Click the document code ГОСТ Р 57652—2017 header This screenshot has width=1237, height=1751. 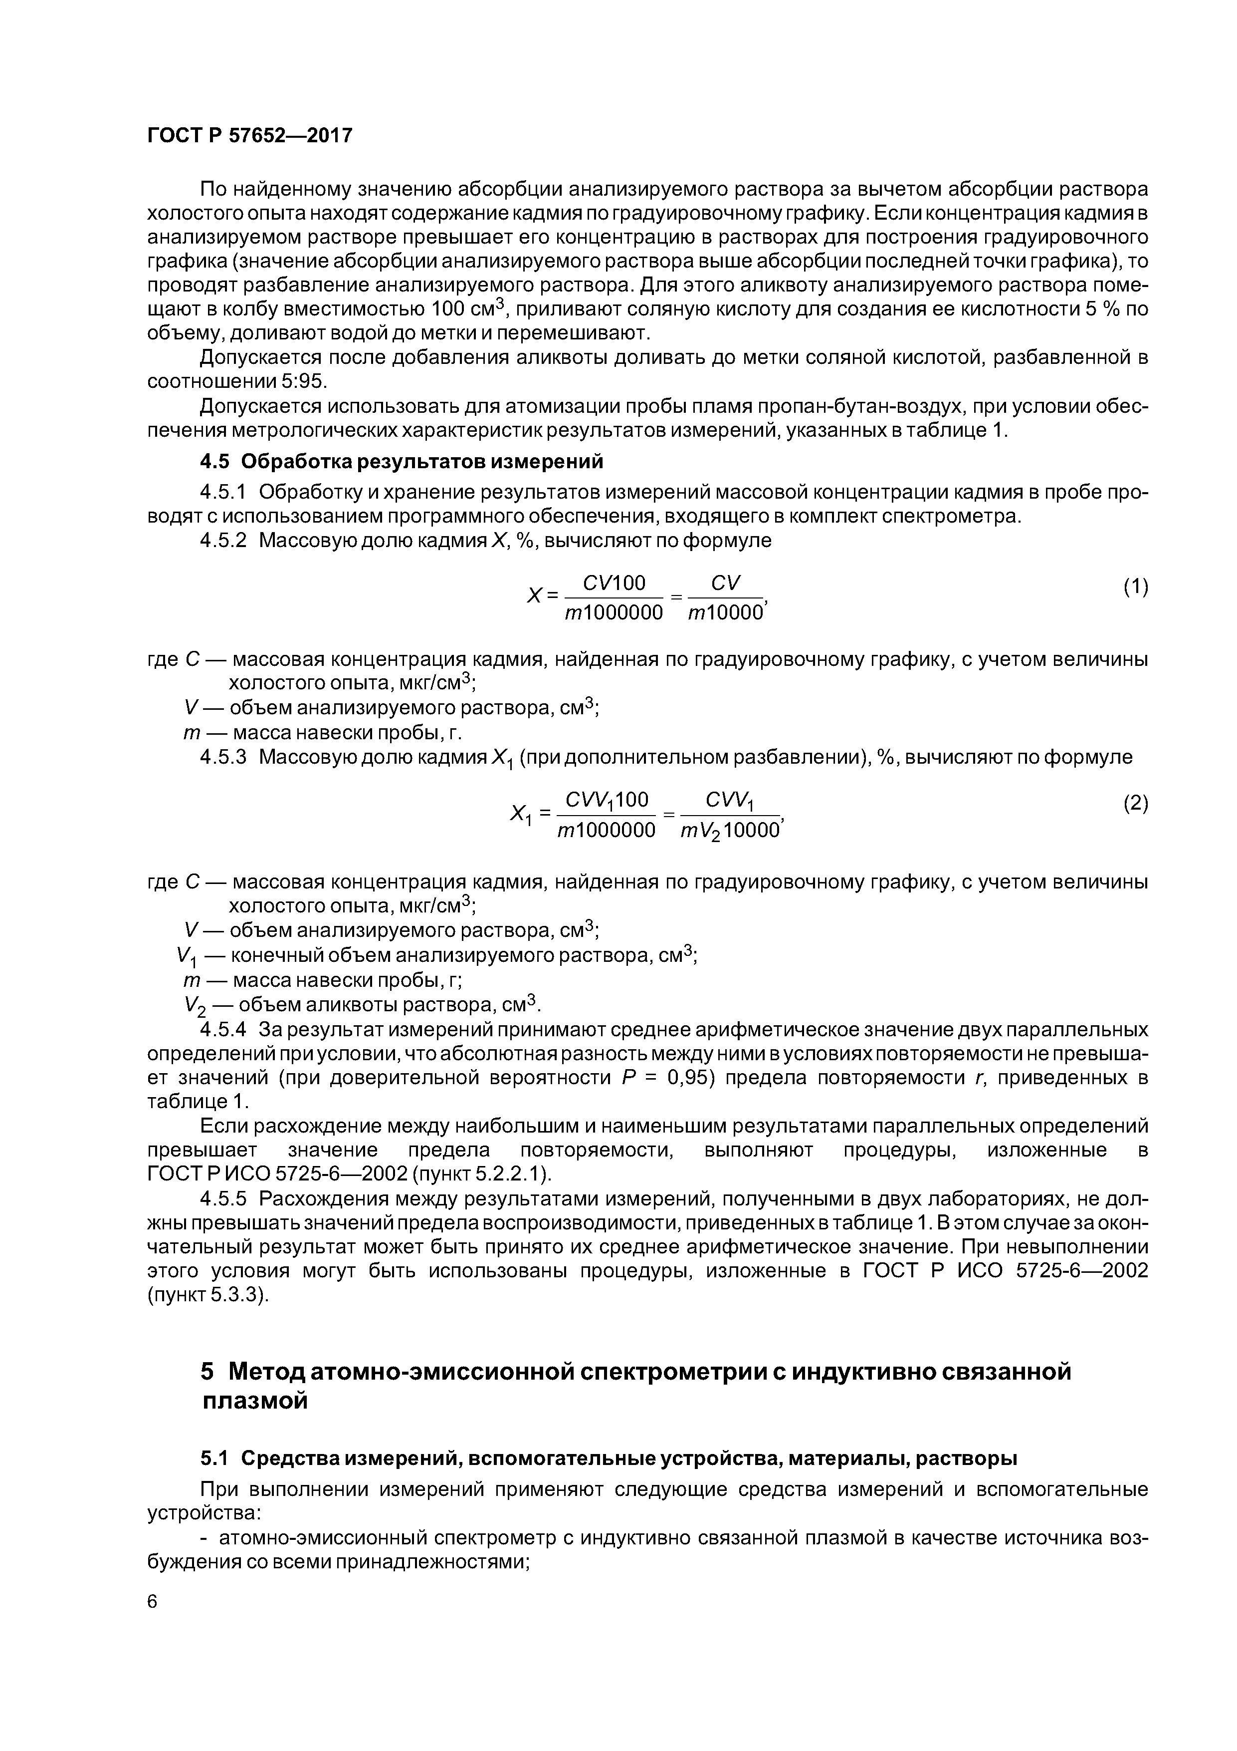click(250, 136)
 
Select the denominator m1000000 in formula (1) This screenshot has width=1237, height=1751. click(614, 613)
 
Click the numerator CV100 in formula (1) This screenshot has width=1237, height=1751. click(614, 584)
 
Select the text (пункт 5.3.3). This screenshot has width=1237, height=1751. click(208, 1296)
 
